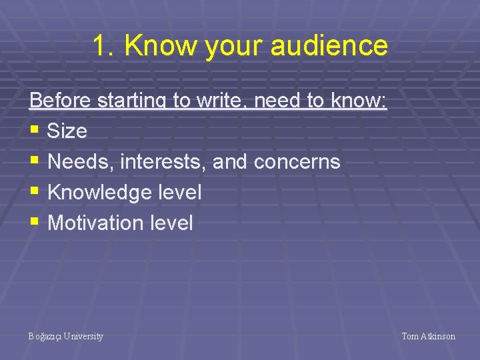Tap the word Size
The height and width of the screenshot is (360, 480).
click(x=67, y=131)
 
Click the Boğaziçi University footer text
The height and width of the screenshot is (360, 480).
click(x=66, y=337)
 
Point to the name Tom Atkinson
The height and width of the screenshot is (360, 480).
click(x=428, y=337)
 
